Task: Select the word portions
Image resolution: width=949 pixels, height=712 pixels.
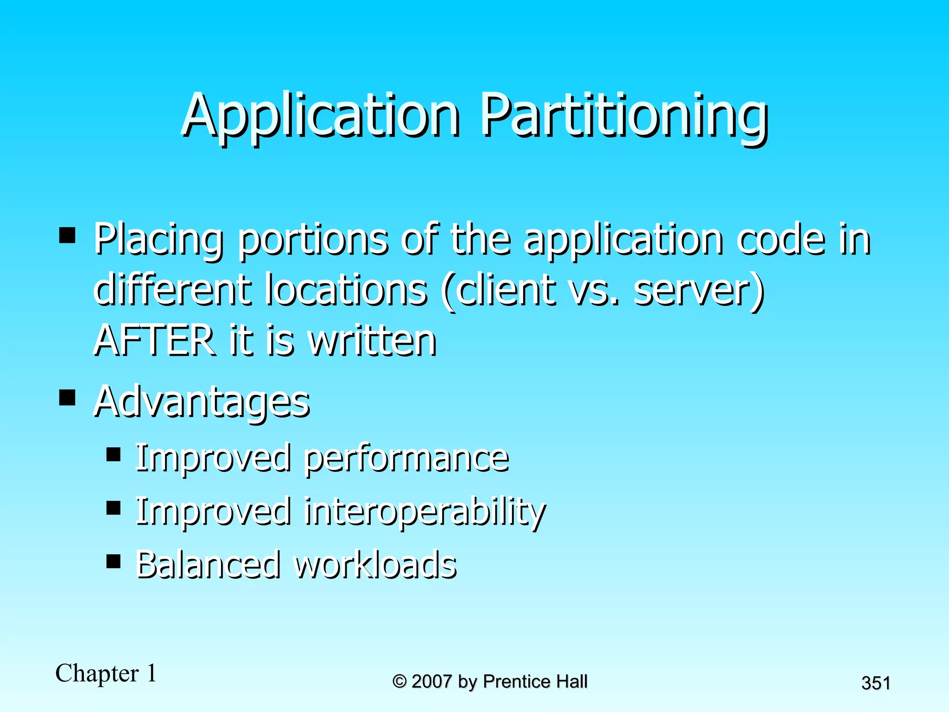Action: (x=313, y=240)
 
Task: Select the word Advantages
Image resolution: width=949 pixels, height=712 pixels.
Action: (x=202, y=401)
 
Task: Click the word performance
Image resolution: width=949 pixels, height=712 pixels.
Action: (x=407, y=458)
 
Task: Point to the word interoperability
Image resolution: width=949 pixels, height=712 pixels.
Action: (x=425, y=512)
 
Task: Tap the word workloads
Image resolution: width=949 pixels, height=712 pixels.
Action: (x=376, y=564)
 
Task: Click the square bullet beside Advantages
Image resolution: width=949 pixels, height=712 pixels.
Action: (x=68, y=397)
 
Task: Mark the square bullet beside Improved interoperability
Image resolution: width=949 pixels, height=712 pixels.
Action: (x=114, y=508)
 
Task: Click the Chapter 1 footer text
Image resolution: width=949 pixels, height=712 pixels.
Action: (x=106, y=673)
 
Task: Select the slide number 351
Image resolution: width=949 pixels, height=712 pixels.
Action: (x=875, y=683)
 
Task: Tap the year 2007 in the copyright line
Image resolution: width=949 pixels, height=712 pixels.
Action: (x=431, y=681)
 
